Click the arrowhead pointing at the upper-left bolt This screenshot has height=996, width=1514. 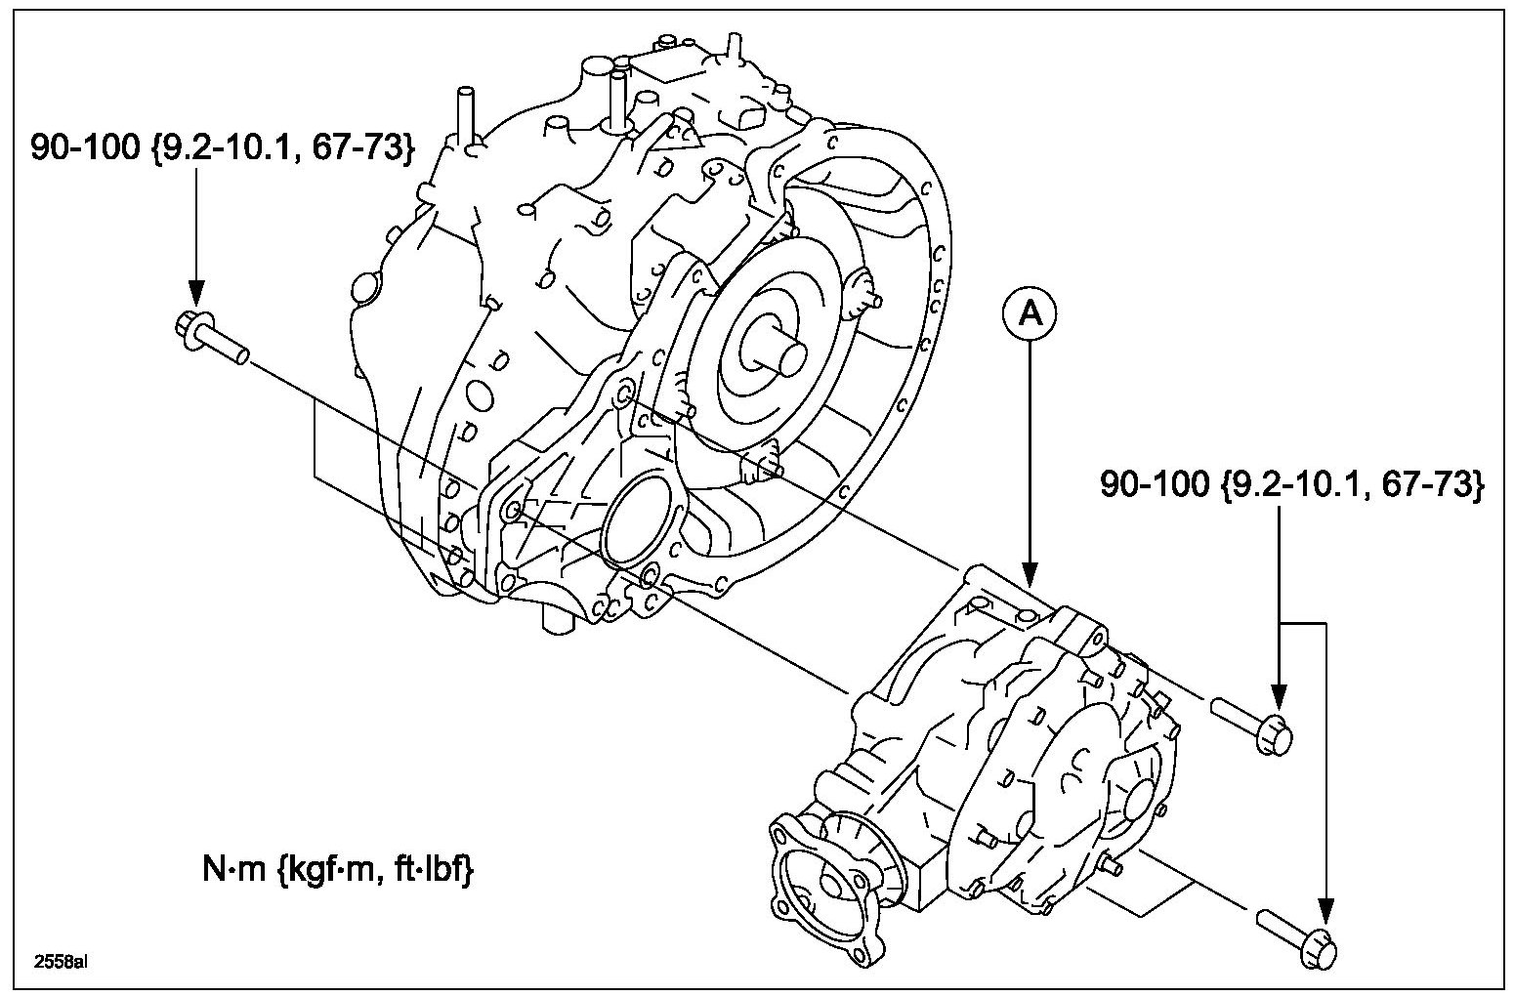coord(195,292)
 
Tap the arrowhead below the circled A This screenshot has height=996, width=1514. coord(1028,574)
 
